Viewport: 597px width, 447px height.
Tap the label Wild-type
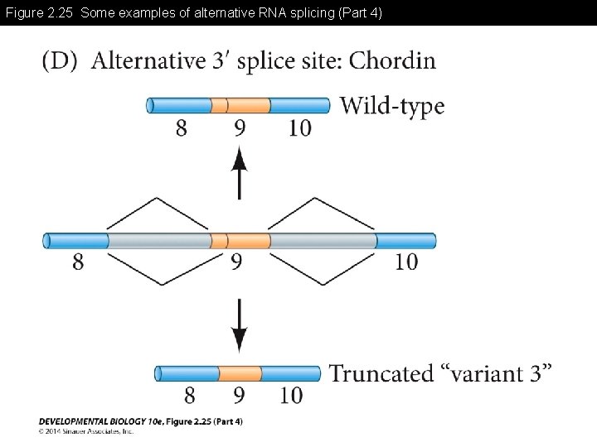coord(392,106)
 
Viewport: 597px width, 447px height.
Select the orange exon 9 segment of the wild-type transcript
coord(240,105)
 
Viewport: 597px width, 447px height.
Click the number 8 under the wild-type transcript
coord(181,128)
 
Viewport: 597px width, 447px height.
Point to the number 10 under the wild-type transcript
coord(300,128)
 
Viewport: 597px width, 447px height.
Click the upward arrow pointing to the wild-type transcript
coord(240,171)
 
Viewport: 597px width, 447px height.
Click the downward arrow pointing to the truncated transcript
coord(240,325)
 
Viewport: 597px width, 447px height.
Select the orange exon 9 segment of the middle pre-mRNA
coord(240,241)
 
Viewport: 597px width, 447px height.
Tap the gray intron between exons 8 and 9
coord(158,241)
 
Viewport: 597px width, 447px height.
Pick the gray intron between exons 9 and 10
coord(323,241)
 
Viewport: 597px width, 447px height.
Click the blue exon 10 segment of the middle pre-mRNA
coord(405,241)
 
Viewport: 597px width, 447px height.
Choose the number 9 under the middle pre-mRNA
coord(237,263)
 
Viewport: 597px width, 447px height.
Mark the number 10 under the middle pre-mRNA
coord(405,263)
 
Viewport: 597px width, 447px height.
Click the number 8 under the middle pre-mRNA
coord(78,263)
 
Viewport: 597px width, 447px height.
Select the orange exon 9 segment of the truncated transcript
coord(240,373)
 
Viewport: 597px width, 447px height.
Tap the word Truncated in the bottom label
coord(381,373)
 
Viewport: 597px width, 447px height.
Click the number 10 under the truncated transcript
coord(291,395)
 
